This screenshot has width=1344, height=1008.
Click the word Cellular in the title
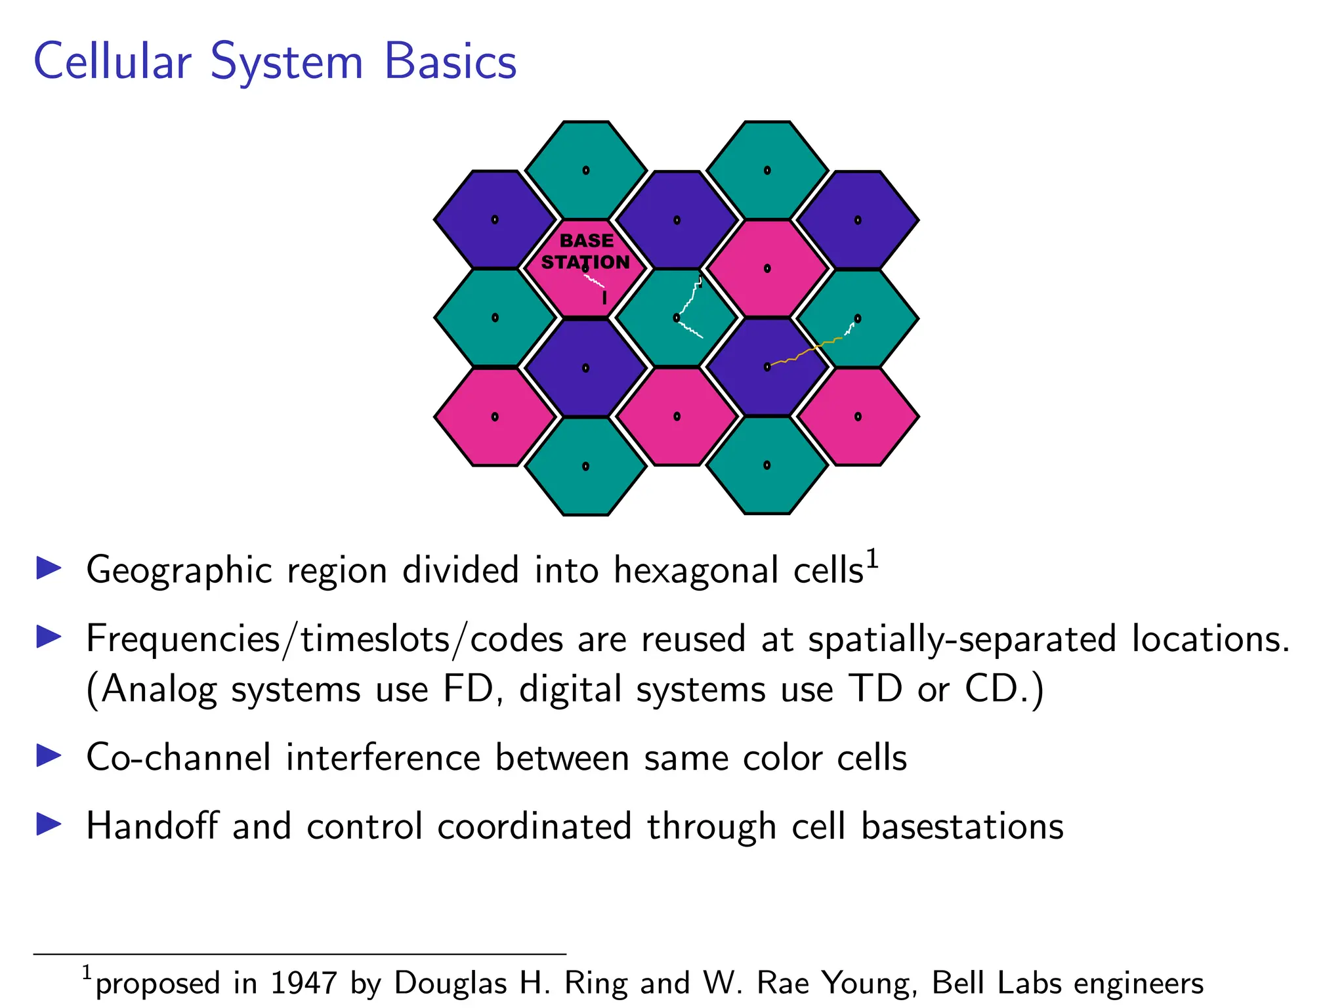tap(112, 61)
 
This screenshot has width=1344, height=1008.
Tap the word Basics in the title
tap(450, 61)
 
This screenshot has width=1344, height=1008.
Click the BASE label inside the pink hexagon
tap(587, 241)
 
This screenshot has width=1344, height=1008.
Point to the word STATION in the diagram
tap(585, 262)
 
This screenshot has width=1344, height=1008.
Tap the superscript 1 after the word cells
tap(872, 559)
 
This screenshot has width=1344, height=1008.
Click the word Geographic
tap(179, 570)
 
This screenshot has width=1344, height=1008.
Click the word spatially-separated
tap(962, 639)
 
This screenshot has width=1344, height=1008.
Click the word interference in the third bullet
tap(383, 757)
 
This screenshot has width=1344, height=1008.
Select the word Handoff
tap(152, 826)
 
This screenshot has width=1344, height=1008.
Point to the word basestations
tap(962, 826)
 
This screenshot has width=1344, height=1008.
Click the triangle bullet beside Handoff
tap(49, 824)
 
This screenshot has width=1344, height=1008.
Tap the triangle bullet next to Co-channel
tap(49, 756)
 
